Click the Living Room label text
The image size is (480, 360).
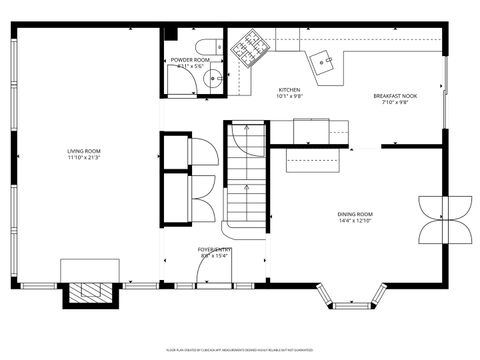(84, 151)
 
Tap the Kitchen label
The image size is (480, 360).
(289, 90)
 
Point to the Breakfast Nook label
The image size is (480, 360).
(395, 96)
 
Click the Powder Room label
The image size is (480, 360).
(190, 60)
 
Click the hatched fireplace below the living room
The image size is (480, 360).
(91, 292)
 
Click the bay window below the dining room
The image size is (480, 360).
(350, 294)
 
